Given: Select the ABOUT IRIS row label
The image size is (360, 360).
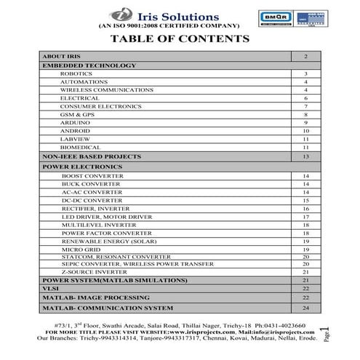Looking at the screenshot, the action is (59, 56).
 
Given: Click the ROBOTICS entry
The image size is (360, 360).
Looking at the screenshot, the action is (76, 73).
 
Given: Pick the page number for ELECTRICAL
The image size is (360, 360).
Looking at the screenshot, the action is (305, 97).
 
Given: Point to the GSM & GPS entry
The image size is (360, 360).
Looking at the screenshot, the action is (77, 115).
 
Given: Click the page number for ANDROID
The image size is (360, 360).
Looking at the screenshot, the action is (305, 131).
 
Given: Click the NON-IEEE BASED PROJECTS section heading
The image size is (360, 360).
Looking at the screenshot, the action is (91, 156).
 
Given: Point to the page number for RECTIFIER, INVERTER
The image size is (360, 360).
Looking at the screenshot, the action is (305, 208).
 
